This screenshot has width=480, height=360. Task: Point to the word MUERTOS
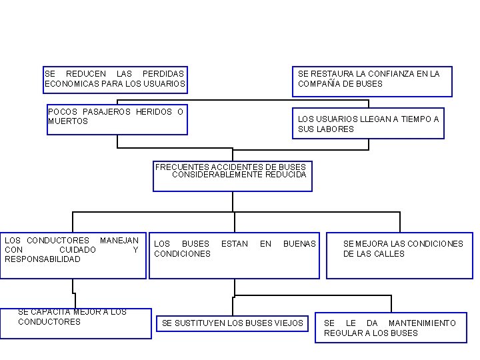68,121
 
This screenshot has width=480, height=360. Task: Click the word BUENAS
299,244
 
